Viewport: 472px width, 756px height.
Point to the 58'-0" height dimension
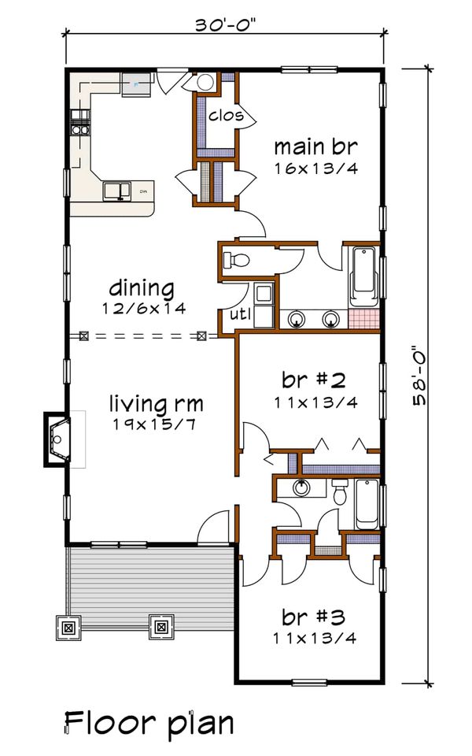click(x=419, y=375)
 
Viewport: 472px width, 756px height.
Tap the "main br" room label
click(x=316, y=146)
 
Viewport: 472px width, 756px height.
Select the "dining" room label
click(x=142, y=288)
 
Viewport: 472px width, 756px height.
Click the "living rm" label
click(x=156, y=403)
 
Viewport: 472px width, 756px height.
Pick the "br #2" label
click(x=314, y=380)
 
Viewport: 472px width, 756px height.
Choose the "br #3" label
click(x=314, y=617)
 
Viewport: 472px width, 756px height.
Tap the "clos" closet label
click(x=226, y=116)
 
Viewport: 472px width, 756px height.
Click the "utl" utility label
click(x=240, y=314)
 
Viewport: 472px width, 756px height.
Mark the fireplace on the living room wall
click(x=57, y=439)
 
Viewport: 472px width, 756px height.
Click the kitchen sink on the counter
click(x=117, y=191)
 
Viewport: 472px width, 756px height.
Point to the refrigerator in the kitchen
click(x=136, y=85)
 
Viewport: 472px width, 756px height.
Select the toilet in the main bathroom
click(x=236, y=261)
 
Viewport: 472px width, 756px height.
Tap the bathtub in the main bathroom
click(x=364, y=276)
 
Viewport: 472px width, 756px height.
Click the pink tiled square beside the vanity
click(x=363, y=320)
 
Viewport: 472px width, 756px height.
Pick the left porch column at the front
click(x=68, y=628)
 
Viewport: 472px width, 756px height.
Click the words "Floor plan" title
click(x=149, y=724)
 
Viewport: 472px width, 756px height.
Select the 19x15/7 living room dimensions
click(x=155, y=424)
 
